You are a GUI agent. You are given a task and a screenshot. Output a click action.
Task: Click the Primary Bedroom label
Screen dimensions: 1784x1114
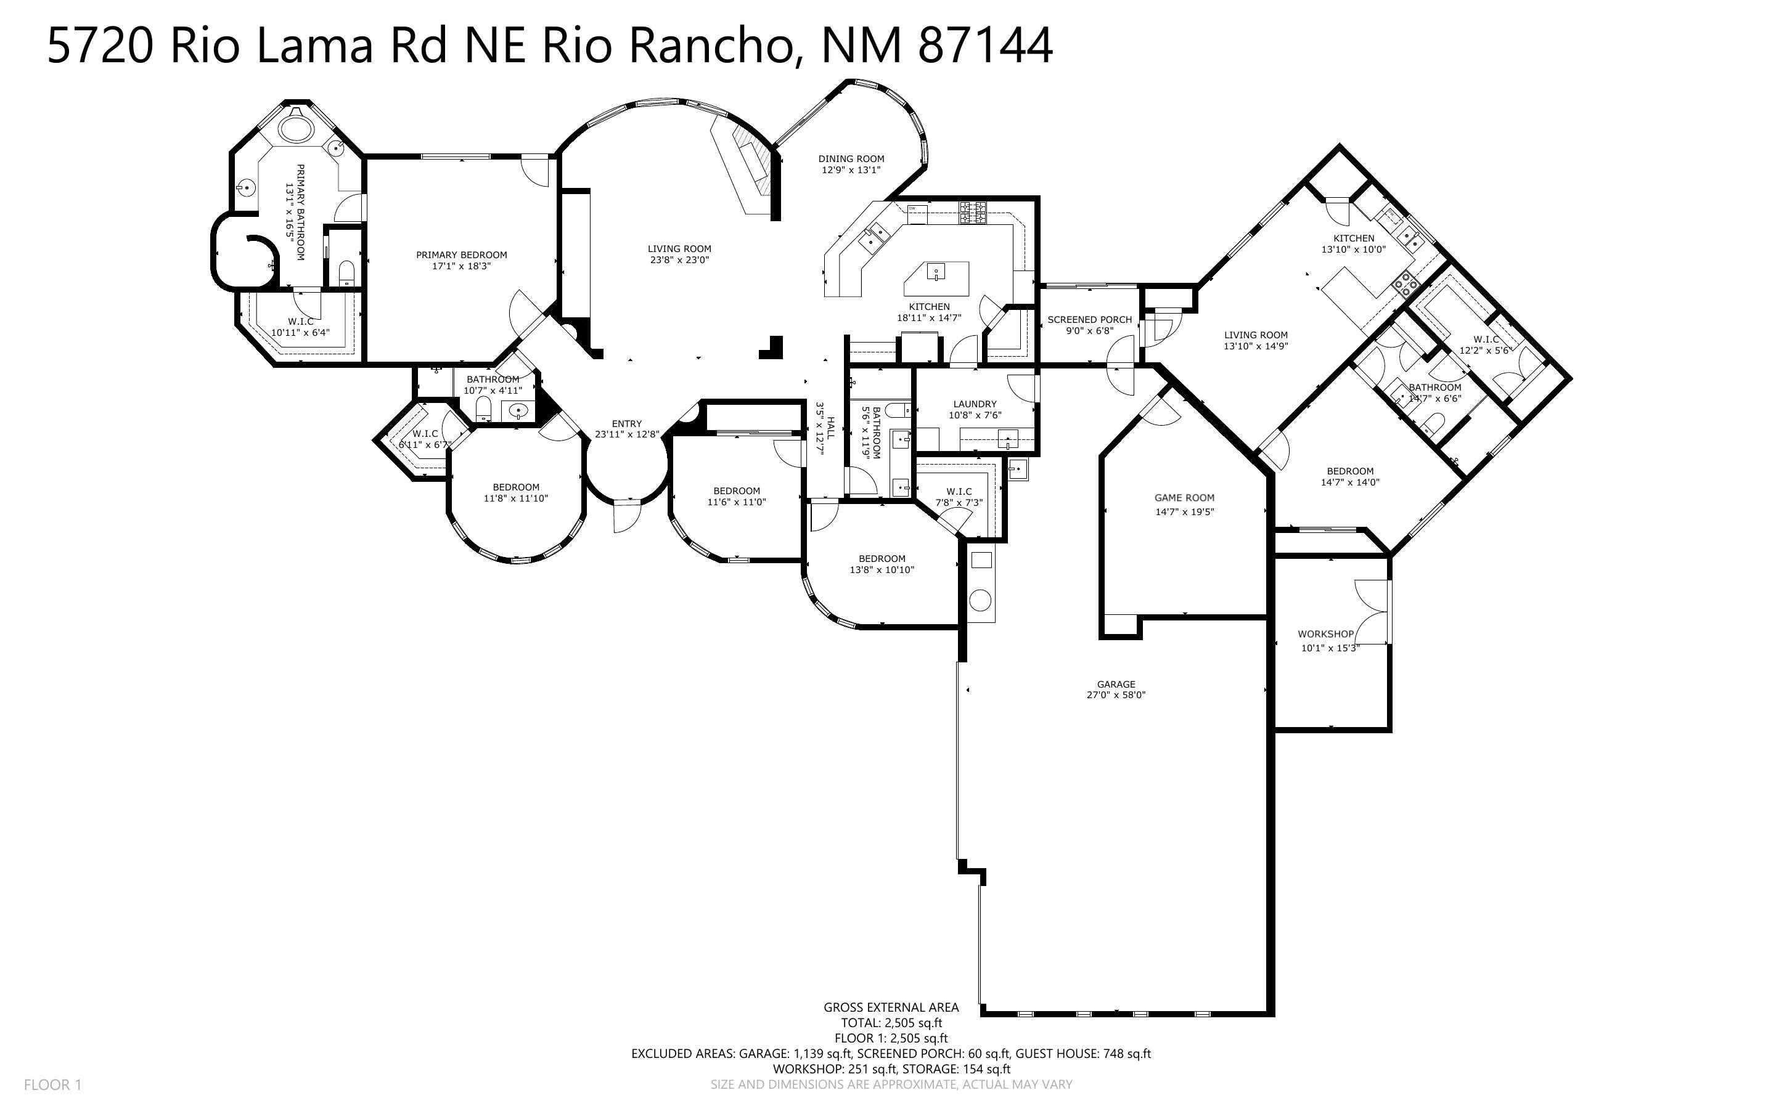[461, 255]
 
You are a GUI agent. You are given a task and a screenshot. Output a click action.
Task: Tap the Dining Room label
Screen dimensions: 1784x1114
[851, 158]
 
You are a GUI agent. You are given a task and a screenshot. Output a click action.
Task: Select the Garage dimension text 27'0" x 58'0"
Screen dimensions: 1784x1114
[1116, 695]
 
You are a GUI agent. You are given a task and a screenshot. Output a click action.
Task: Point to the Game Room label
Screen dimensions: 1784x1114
[1184, 498]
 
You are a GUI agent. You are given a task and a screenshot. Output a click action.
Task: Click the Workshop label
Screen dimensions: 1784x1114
[1325, 633]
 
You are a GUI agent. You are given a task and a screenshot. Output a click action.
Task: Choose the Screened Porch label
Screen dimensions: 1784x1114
[1089, 320]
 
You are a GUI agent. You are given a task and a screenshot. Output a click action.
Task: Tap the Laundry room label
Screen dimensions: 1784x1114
[974, 404]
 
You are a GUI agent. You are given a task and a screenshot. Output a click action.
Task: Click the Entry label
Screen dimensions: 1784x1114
[626, 424]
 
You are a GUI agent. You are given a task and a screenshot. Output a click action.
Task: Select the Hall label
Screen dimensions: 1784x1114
[831, 428]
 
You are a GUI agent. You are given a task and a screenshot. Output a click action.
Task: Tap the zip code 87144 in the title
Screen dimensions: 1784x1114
[985, 46]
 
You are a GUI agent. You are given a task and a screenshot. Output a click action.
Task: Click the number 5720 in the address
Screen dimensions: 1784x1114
[100, 46]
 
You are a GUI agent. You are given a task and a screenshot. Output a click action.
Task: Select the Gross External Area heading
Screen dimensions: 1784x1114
[891, 1007]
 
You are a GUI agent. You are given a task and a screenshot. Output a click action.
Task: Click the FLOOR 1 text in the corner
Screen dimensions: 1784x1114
[52, 1084]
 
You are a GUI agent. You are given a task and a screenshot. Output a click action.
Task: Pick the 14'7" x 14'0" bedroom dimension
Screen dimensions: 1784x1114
[1350, 482]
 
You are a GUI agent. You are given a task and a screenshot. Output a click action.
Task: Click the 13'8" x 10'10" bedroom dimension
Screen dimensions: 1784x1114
[882, 569]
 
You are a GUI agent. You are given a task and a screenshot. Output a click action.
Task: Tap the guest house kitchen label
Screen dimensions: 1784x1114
[1354, 238]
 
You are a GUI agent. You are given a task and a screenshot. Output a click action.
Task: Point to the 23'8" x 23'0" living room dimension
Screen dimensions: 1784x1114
[679, 260]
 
